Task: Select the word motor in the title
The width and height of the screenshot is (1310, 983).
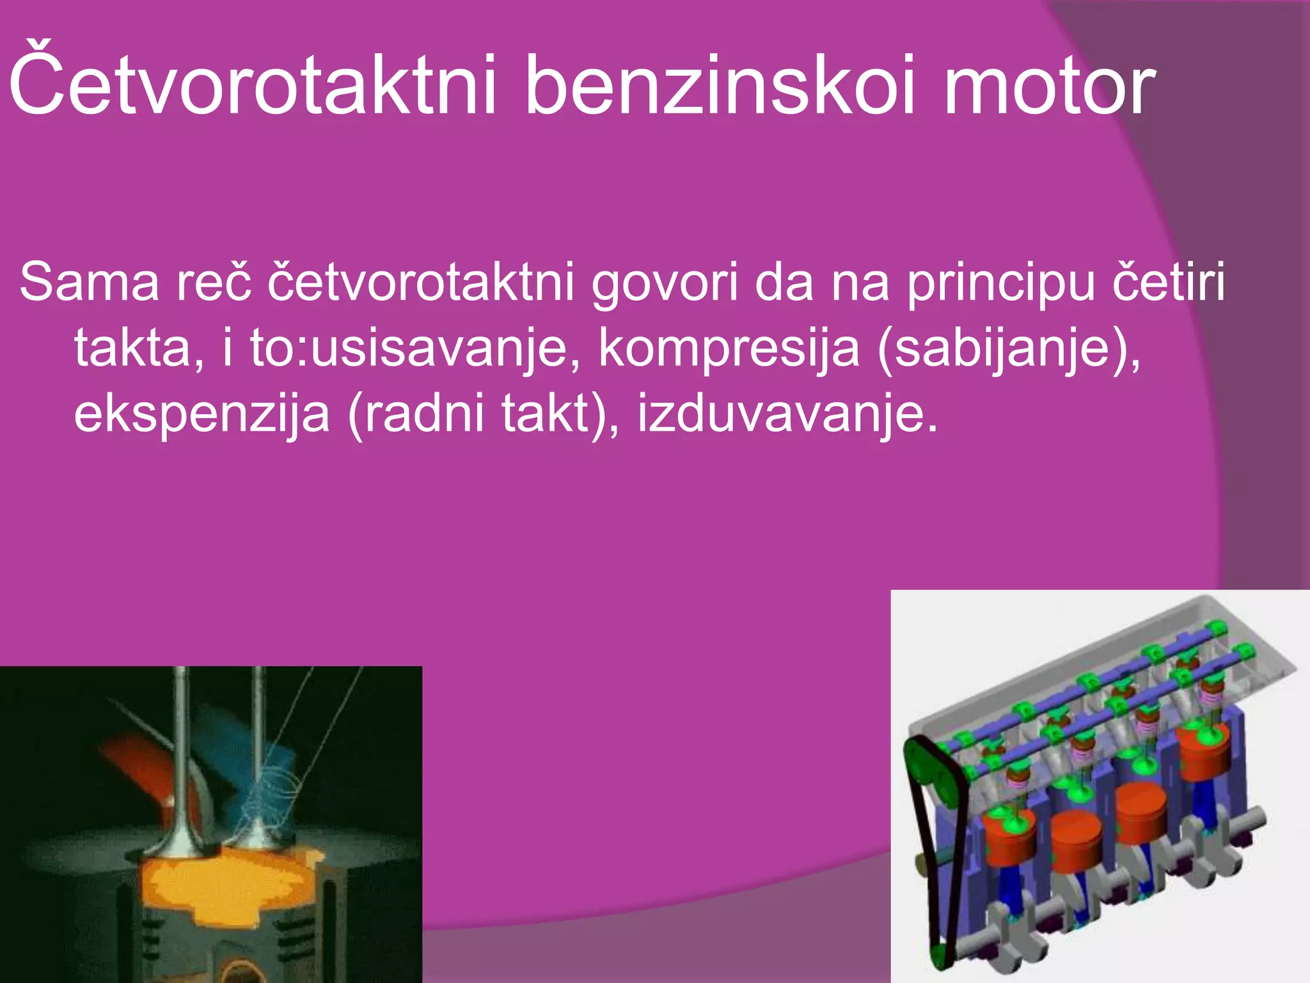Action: click(x=1049, y=83)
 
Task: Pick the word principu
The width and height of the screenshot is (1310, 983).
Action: click(x=1001, y=282)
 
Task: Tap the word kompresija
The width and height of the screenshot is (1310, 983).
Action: click(x=729, y=349)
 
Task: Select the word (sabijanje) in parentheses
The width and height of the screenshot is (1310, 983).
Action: click(x=1007, y=349)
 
